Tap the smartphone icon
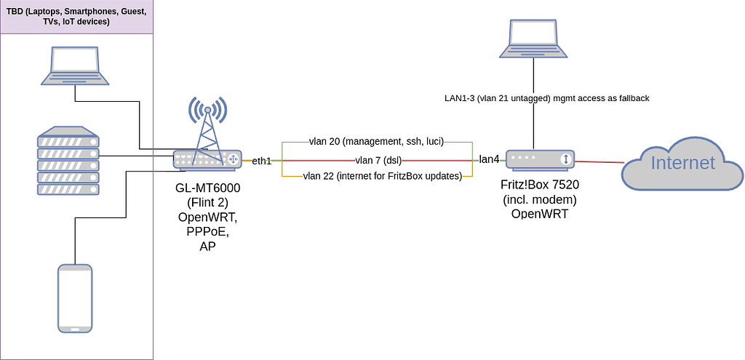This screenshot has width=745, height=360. (76, 298)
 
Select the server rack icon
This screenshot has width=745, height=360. (68, 160)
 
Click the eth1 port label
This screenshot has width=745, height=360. (261, 161)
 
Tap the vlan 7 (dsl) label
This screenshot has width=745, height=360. (378, 159)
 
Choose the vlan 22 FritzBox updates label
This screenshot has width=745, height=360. (383, 176)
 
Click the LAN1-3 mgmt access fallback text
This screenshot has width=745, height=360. (546, 98)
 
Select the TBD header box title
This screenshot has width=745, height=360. (76, 16)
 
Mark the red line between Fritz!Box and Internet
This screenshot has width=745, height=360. (599, 161)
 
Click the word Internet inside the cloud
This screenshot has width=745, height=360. (682, 163)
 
